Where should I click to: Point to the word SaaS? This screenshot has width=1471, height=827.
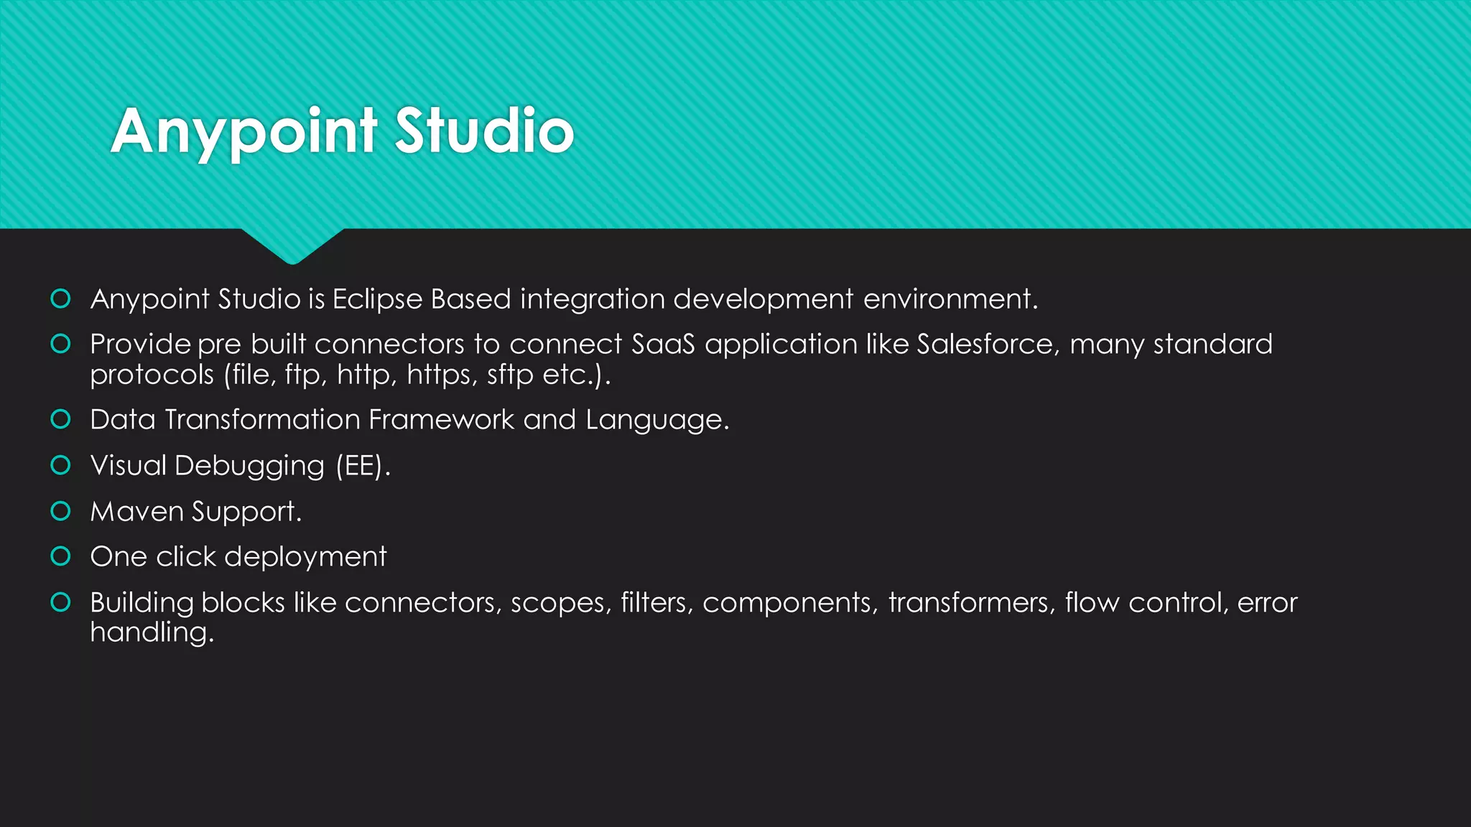pyautogui.click(x=663, y=345)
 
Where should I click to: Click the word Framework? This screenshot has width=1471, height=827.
pyautogui.click(x=441, y=420)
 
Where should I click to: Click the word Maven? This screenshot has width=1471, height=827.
pyautogui.click(x=137, y=512)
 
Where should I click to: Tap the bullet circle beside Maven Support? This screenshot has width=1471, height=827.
pyautogui.click(x=61, y=511)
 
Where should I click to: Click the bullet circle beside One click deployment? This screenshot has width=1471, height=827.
pyautogui.click(x=61, y=556)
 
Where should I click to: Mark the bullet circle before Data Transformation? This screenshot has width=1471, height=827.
pyautogui.click(x=61, y=419)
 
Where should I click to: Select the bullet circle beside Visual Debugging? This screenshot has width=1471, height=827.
pyautogui.click(x=61, y=465)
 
